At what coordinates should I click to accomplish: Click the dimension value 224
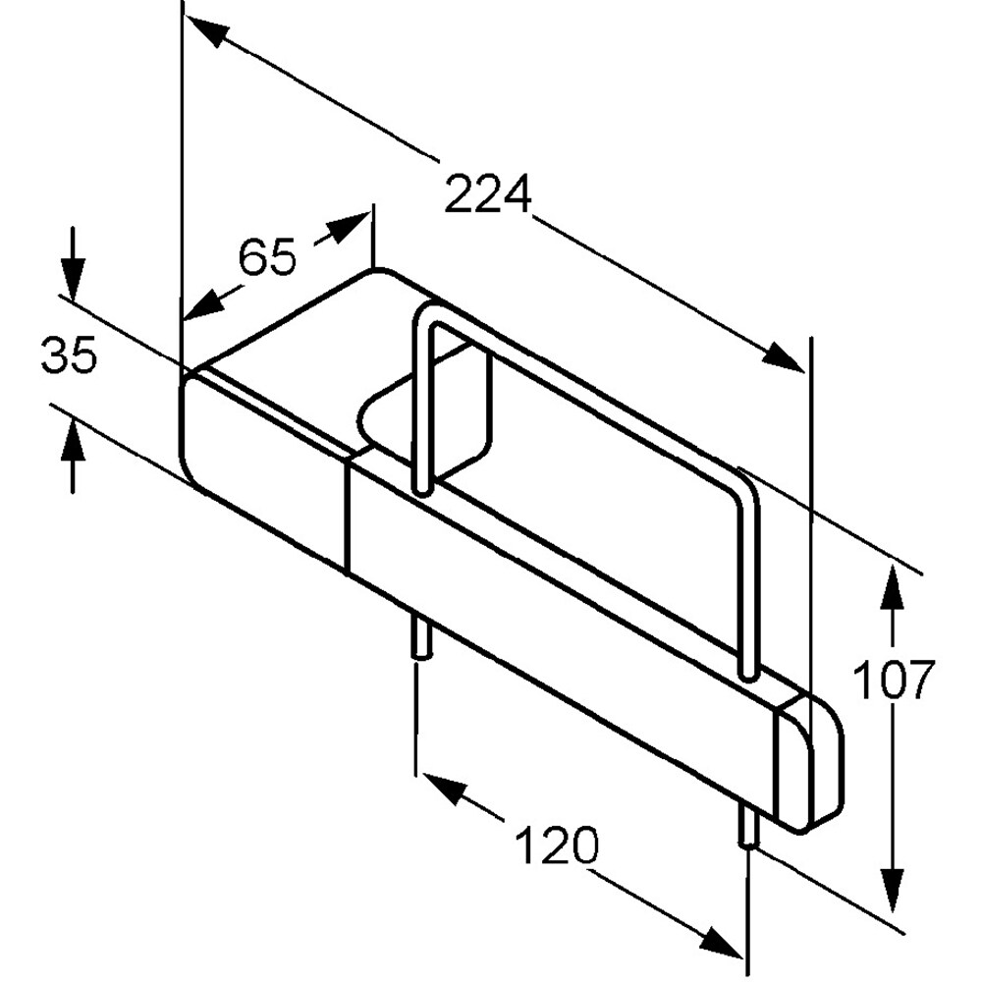coord(488,194)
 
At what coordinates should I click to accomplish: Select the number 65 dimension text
coord(267,256)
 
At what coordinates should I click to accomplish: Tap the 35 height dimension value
coord(69,355)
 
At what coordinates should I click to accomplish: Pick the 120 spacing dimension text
coord(556,846)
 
